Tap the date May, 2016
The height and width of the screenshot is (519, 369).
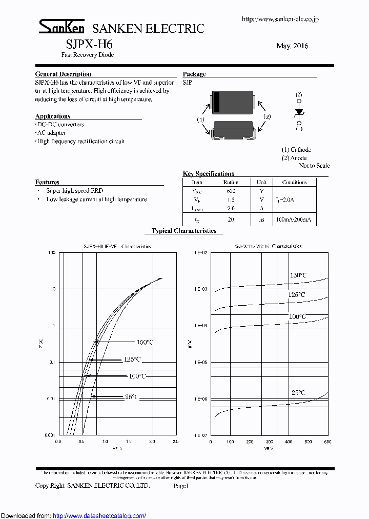[292, 46]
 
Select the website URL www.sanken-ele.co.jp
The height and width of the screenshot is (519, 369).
[280, 19]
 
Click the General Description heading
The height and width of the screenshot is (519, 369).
[63, 74]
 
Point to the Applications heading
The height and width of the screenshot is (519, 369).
[53, 116]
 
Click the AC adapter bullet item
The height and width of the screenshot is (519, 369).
[54, 132]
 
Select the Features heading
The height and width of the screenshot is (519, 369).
[47, 182]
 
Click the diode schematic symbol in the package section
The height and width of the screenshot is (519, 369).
[299, 112]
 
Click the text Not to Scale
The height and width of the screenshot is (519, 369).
[314, 166]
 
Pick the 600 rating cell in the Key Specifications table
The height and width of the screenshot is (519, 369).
[231, 190]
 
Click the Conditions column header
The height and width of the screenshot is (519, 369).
[294, 182]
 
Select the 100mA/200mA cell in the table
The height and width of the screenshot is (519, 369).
[293, 219]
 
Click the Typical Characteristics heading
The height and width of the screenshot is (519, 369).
[184, 231]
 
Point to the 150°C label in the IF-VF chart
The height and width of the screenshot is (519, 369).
[145, 342]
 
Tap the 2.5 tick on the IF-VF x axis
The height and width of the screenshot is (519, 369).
[175, 441]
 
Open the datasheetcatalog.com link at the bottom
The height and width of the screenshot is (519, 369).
[99, 515]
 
